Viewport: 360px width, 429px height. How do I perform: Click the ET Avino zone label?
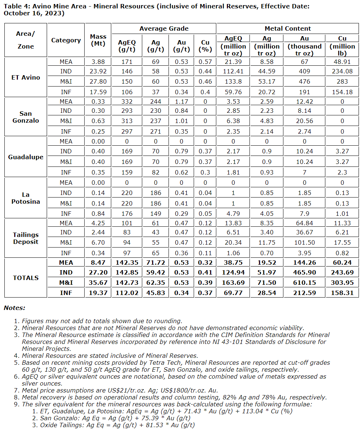[26, 77]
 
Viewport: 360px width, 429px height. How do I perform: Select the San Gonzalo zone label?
[26, 117]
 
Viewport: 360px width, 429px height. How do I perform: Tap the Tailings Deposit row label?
[26, 238]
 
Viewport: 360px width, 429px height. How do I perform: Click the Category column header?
[66, 40]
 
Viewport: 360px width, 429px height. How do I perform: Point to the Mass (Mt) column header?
[98, 40]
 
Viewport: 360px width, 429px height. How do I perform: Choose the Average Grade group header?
[164, 28]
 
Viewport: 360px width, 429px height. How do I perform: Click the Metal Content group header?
[287, 28]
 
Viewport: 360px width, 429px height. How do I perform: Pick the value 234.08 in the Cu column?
[342, 71]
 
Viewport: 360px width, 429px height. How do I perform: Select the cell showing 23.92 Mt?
[98, 71]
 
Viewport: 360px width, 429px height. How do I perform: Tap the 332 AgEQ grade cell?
[127, 101]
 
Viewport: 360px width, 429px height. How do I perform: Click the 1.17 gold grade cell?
[181, 101]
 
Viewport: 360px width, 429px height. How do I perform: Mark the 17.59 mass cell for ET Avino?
[98, 92]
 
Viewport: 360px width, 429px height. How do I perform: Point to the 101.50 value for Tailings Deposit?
[304, 242]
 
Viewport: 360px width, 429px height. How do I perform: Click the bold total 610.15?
[304, 282]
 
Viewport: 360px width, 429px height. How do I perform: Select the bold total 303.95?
[342, 282]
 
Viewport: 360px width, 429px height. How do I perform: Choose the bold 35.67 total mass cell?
[98, 282]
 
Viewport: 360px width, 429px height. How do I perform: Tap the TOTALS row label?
[26, 278]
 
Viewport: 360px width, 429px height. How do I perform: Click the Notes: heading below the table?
[15, 308]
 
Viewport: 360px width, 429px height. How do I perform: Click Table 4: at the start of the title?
[14, 7]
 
